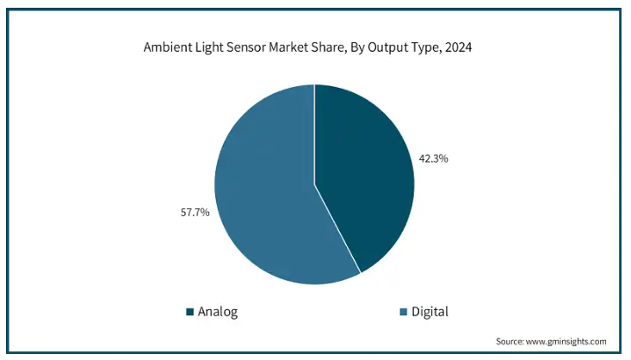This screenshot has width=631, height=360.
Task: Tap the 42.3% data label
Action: (x=434, y=158)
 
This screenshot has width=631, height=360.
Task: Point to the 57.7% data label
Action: (x=194, y=211)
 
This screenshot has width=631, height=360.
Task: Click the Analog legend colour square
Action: (x=189, y=312)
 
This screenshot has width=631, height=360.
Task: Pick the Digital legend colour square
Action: (x=404, y=312)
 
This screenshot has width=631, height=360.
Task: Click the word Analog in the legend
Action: (x=217, y=312)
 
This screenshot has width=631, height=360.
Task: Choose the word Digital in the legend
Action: (x=430, y=312)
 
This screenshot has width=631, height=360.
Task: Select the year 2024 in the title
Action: (x=457, y=48)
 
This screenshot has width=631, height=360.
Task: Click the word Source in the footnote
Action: (x=511, y=341)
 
